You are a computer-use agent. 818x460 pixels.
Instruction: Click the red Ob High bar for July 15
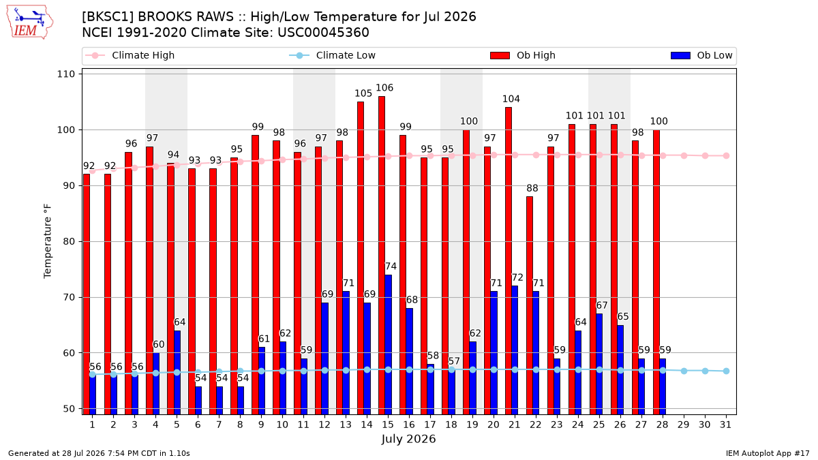[x=381, y=255]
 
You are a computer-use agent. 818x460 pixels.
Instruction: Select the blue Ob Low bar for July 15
[x=388, y=345]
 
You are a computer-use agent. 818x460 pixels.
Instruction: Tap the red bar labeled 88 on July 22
[x=529, y=305]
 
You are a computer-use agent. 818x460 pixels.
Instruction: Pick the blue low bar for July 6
[x=198, y=401]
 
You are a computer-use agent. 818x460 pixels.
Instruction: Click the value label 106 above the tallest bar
[x=384, y=88]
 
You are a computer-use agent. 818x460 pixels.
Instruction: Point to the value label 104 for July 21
[x=511, y=99]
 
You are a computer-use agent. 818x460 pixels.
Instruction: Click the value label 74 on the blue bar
[x=391, y=266]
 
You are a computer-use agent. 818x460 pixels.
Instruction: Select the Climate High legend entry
[x=130, y=55]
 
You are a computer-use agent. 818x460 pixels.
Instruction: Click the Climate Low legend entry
[x=333, y=55]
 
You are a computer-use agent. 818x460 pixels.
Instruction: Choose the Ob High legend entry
[x=523, y=55]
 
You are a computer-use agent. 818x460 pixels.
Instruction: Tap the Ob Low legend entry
[x=701, y=55]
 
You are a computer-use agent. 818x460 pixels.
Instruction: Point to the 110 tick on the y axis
[x=65, y=74]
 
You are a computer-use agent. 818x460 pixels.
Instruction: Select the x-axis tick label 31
[x=725, y=425]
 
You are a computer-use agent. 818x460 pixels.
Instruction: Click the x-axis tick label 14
[x=367, y=425]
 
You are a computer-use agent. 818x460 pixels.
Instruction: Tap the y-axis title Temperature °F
[x=48, y=241]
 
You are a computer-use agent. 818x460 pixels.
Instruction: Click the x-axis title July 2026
[x=408, y=439]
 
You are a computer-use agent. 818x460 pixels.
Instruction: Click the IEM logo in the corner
[x=30, y=22]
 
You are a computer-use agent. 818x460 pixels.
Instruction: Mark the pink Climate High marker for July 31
[x=727, y=156]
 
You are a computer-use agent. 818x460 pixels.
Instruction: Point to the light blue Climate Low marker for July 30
[x=705, y=371]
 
